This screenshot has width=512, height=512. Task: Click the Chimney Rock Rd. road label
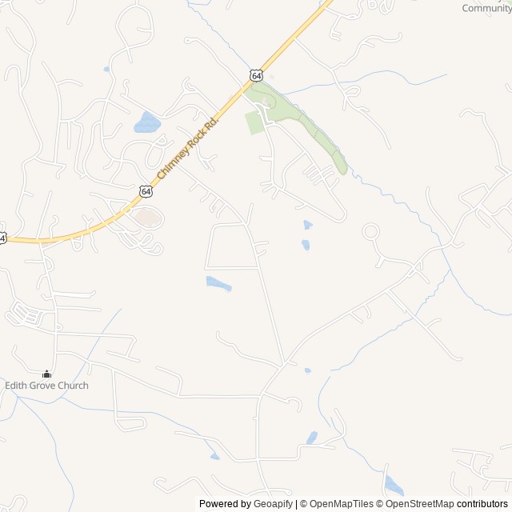(188, 146)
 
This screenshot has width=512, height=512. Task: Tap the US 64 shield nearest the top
(254, 74)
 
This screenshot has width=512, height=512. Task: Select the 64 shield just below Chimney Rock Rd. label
(145, 190)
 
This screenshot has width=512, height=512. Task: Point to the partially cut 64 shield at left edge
(2, 238)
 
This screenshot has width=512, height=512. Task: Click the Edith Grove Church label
(46, 386)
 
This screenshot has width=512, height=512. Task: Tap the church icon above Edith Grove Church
(46, 374)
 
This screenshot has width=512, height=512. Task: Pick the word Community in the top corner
(486, 8)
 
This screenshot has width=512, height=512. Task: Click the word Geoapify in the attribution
(274, 504)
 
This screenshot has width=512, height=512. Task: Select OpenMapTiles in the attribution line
(341, 504)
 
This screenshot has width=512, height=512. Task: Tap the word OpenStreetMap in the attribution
(419, 504)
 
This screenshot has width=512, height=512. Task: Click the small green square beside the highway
(254, 122)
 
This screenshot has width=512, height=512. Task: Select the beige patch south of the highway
(147, 216)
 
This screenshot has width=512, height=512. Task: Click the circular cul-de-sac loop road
(370, 232)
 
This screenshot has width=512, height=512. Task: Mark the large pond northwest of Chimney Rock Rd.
(147, 122)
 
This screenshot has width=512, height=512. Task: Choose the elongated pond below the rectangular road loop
(218, 283)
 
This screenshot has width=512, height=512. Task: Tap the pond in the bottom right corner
(394, 485)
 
